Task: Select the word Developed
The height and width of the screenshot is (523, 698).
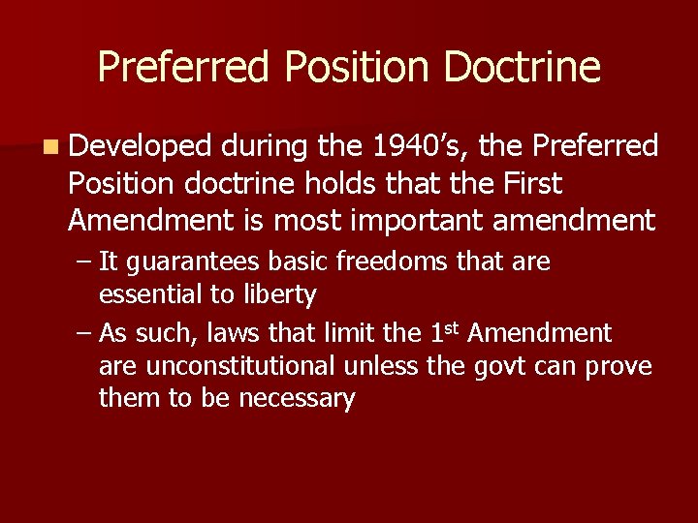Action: pos(140,146)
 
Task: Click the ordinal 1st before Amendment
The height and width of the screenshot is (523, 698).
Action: pos(443,332)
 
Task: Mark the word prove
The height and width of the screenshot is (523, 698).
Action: pos(621,367)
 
